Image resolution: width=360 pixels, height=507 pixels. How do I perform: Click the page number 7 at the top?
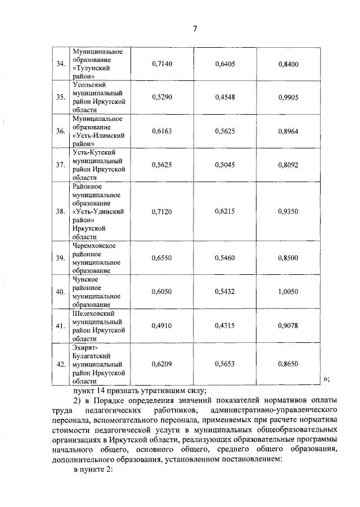(195, 29)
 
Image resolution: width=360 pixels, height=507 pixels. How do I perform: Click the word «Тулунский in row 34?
(91, 68)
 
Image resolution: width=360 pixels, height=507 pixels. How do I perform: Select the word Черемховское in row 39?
(94, 246)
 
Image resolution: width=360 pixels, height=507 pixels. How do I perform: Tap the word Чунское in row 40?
(85, 279)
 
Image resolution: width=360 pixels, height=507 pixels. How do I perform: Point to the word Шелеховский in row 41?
(93, 313)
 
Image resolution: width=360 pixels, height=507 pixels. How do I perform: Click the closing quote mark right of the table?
(326, 379)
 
